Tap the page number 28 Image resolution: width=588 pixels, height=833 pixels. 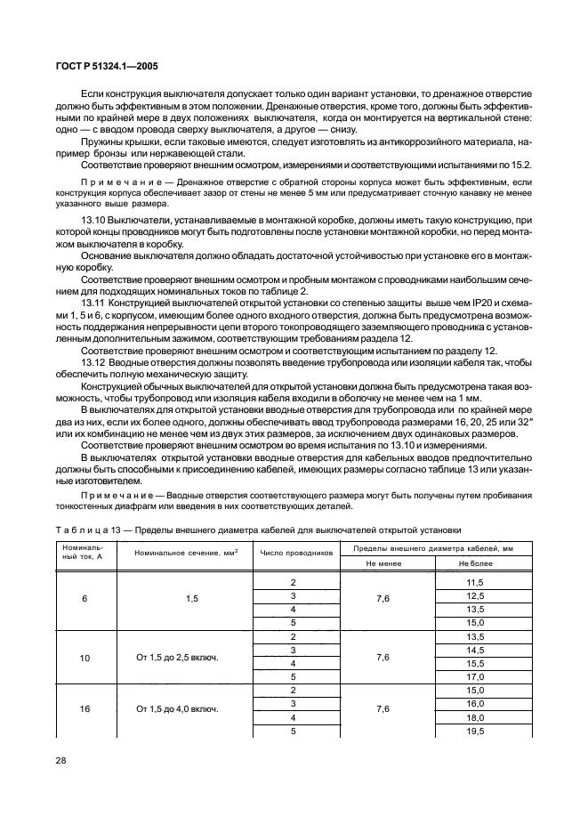click(61, 762)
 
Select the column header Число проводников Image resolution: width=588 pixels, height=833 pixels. click(296, 552)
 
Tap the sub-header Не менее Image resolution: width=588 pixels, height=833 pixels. click(383, 563)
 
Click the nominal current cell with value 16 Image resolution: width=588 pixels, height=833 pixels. click(85, 709)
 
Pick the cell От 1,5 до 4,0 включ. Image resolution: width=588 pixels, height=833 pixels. click(178, 709)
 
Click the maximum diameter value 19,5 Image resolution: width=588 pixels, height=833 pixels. click(475, 731)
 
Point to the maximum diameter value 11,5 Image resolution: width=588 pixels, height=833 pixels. click(475, 581)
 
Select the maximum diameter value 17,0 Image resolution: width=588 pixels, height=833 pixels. click(475, 676)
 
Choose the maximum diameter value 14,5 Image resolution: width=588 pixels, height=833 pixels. click(475, 650)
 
